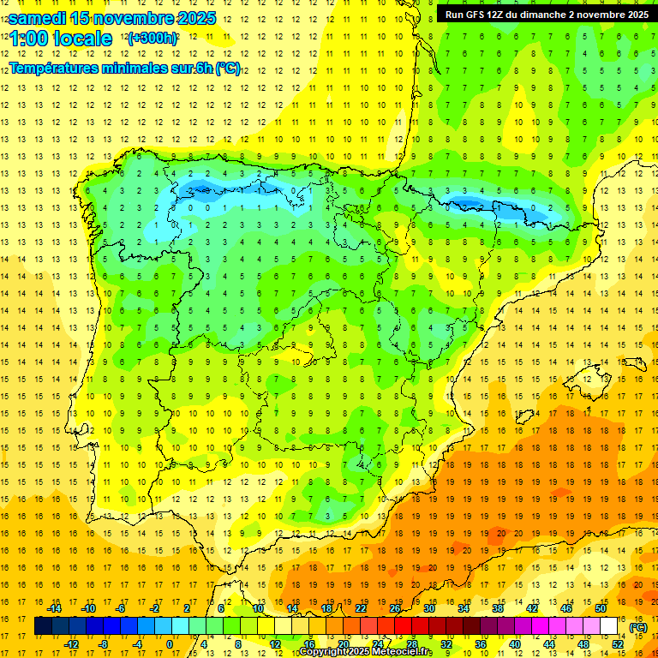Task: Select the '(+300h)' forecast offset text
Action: click(153, 39)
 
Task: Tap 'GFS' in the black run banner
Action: click(481, 14)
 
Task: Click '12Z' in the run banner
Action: click(504, 14)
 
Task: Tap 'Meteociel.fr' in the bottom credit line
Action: click(402, 652)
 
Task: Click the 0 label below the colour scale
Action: click(170, 644)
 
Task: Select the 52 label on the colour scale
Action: click(618, 644)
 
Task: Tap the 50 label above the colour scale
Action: click(601, 608)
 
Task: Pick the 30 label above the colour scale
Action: click(429, 608)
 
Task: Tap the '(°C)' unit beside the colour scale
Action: click(638, 627)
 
